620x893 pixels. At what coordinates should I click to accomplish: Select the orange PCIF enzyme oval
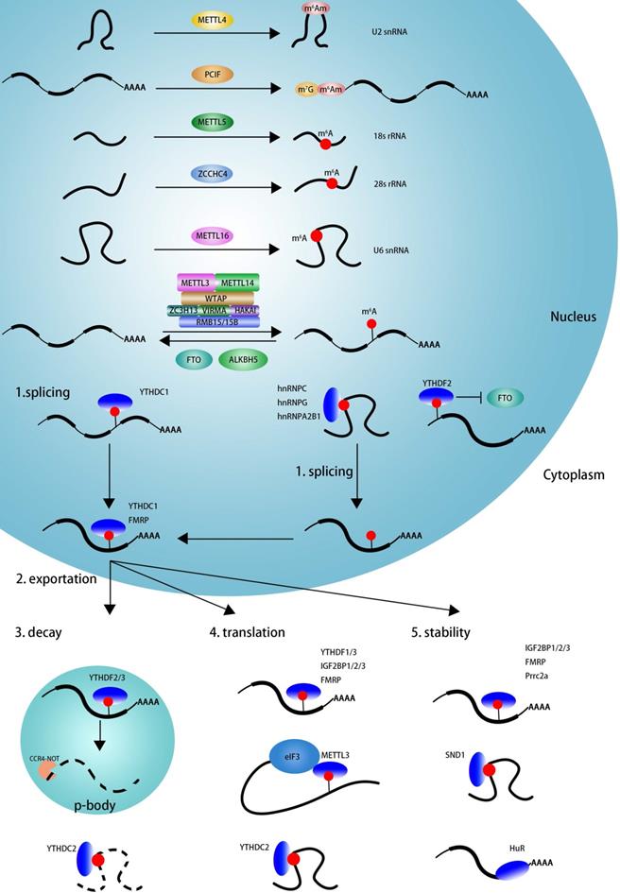212,73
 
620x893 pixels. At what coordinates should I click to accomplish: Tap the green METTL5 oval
213,122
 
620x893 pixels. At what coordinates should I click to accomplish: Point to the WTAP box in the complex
218,298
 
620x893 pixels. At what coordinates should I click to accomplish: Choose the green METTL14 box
237,283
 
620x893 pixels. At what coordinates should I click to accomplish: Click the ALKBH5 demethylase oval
241,359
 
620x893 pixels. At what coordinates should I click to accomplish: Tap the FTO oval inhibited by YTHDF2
506,399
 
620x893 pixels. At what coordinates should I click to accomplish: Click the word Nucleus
573,317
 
